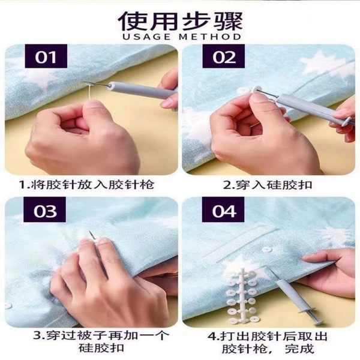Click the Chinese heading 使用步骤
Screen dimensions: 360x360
tap(181, 21)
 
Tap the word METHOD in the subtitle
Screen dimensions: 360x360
tap(210, 37)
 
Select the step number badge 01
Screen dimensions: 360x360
tap(46, 56)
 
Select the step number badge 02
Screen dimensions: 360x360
tap(224, 56)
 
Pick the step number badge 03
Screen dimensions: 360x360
tap(45, 210)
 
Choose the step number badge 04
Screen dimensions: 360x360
tap(223, 210)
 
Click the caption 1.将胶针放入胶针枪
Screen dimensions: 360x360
tap(86, 185)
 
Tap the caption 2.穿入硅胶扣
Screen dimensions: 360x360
tap(268, 185)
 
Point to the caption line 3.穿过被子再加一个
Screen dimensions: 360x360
tap(101, 335)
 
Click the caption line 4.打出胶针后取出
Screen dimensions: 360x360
tap(267, 337)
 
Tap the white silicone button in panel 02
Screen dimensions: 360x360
tap(256, 90)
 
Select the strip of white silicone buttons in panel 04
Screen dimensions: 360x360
tap(242, 296)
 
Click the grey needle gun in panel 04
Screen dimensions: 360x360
tap(296, 298)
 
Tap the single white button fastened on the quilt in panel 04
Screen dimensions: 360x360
tap(266, 250)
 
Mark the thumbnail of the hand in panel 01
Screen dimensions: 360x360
tap(92, 104)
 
